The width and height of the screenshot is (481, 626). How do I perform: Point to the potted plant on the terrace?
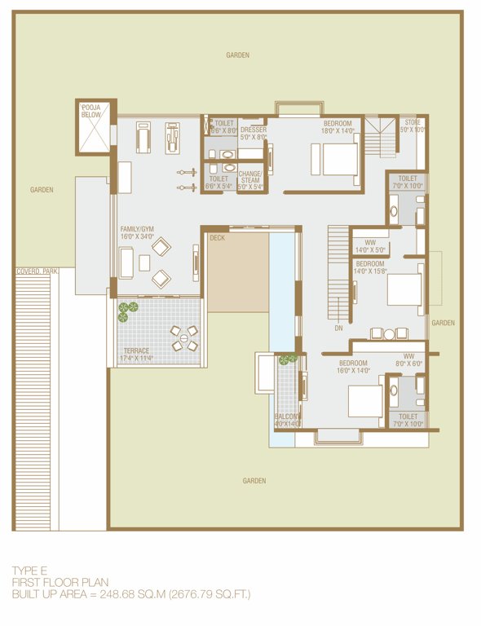click(x=128, y=308)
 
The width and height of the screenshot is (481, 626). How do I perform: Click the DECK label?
click(x=217, y=239)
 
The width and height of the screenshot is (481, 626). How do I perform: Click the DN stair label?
click(x=339, y=328)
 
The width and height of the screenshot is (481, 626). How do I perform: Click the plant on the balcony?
click(x=288, y=359)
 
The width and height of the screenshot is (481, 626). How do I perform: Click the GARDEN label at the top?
click(x=238, y=55)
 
